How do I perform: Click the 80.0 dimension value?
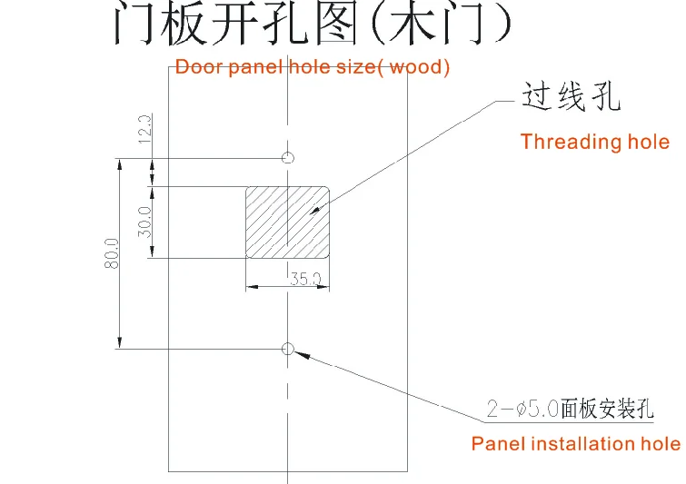tap(113, 254)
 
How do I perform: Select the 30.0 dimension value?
tap(145, 222)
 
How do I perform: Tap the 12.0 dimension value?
tap(145, 129)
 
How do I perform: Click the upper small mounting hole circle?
tap(288, 158)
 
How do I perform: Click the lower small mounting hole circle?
tap(288, 348)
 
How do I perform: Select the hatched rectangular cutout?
tap(287, 222)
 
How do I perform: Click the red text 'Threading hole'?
tap(594, 142)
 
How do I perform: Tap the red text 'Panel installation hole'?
tap(575, 444)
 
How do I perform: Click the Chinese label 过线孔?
tap(571, 97)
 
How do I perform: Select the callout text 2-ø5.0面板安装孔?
tap(570, 409)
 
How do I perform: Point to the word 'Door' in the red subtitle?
tap(194, 67)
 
